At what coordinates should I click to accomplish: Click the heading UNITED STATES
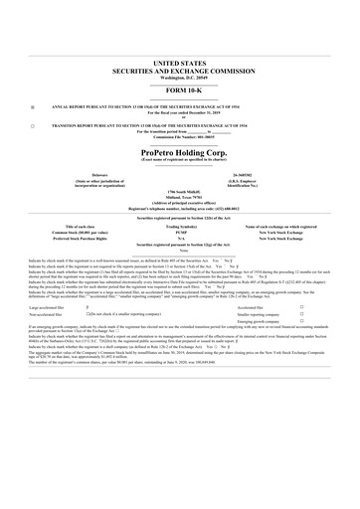[x=179, y=62]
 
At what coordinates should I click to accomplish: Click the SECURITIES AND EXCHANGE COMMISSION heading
[x=179, y=69]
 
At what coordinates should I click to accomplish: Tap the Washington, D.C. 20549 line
[x=179, y=76]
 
